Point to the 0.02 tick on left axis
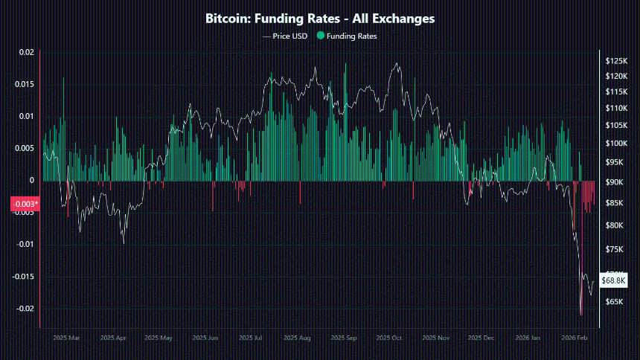click(x=26, y=52)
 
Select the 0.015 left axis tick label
click(x=25, y=84)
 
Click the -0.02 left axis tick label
click(x=25, y=309)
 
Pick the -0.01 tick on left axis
click(x=25, y=245)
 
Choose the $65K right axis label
click(x=614, y=302)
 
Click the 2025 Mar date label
click(x=67, y=338)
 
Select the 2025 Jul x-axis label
click(x=252, y=338)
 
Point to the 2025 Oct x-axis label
click(x=390, y=338)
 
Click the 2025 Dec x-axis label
click(x=481, y=338)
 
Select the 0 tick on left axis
click(x=32, y=180)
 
